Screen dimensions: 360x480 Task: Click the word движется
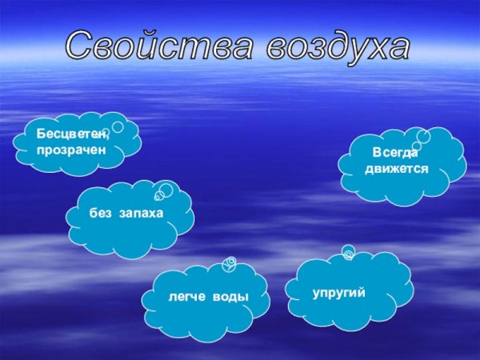point(397,169)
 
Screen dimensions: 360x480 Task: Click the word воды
point(231,297)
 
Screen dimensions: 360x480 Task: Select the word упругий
point(339,294)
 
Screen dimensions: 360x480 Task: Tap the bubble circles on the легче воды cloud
point(230,264)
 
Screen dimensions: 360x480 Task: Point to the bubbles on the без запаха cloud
point(164,192)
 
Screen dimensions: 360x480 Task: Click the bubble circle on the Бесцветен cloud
point(117,126)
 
